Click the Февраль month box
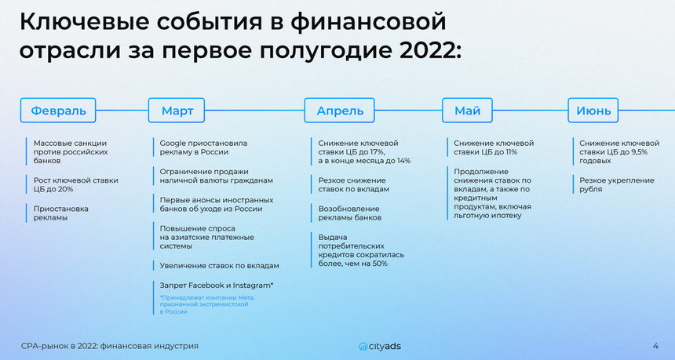pos(57,111)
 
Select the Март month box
pos(177,111)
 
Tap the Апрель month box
pos(340,111)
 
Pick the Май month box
pos(467,111)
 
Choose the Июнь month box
pos(593,111)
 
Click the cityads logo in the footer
pos(380,346)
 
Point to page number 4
pos(655,346)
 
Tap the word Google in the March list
pos(173,144)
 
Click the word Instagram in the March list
pos(253,285)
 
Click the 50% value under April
pos(379,264)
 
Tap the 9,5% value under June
pos(637,152)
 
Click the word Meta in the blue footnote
pos(246,297)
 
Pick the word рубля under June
pos(590,189)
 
